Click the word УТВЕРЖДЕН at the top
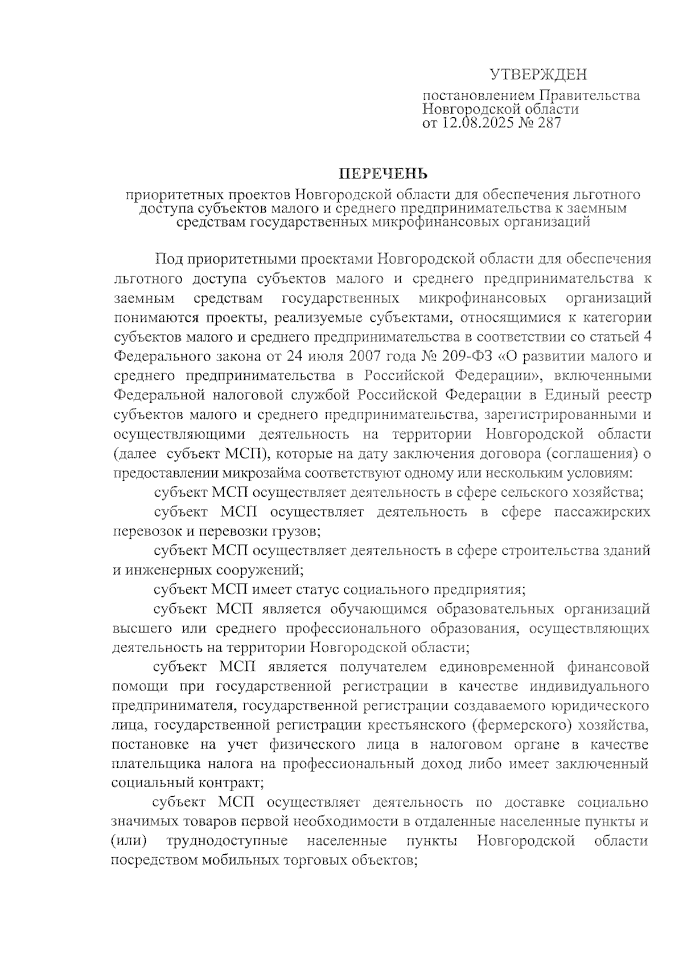point(538,75)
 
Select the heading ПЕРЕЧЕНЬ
point(382,173)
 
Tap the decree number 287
point(548,123)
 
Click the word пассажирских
point(602,511)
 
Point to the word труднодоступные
point(227,841)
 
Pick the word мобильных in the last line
point(239,861)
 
